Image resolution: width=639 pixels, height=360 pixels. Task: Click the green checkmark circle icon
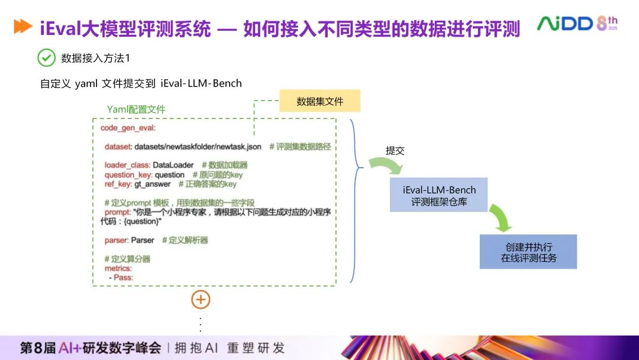[46, 57]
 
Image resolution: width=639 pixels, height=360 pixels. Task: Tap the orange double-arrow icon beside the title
[22, 27]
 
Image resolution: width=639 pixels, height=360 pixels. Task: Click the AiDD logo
[577, 24]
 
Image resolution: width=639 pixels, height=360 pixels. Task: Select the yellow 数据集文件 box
[319, 101]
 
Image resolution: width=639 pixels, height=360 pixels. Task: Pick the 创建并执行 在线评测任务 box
[528, 252]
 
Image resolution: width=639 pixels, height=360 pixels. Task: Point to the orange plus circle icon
[201, 300]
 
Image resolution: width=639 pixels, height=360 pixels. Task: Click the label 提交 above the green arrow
[395, 150]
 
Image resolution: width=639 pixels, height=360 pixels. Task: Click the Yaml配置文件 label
[136, 110]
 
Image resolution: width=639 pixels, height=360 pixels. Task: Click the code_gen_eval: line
[128, 128]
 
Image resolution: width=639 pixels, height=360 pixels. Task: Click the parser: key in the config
[117, 240]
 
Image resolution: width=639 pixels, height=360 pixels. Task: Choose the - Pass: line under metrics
[121, 277]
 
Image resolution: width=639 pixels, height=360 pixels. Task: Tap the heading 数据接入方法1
[95, 58]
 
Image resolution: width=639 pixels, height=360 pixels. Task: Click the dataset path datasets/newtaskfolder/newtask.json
[198, 146]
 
